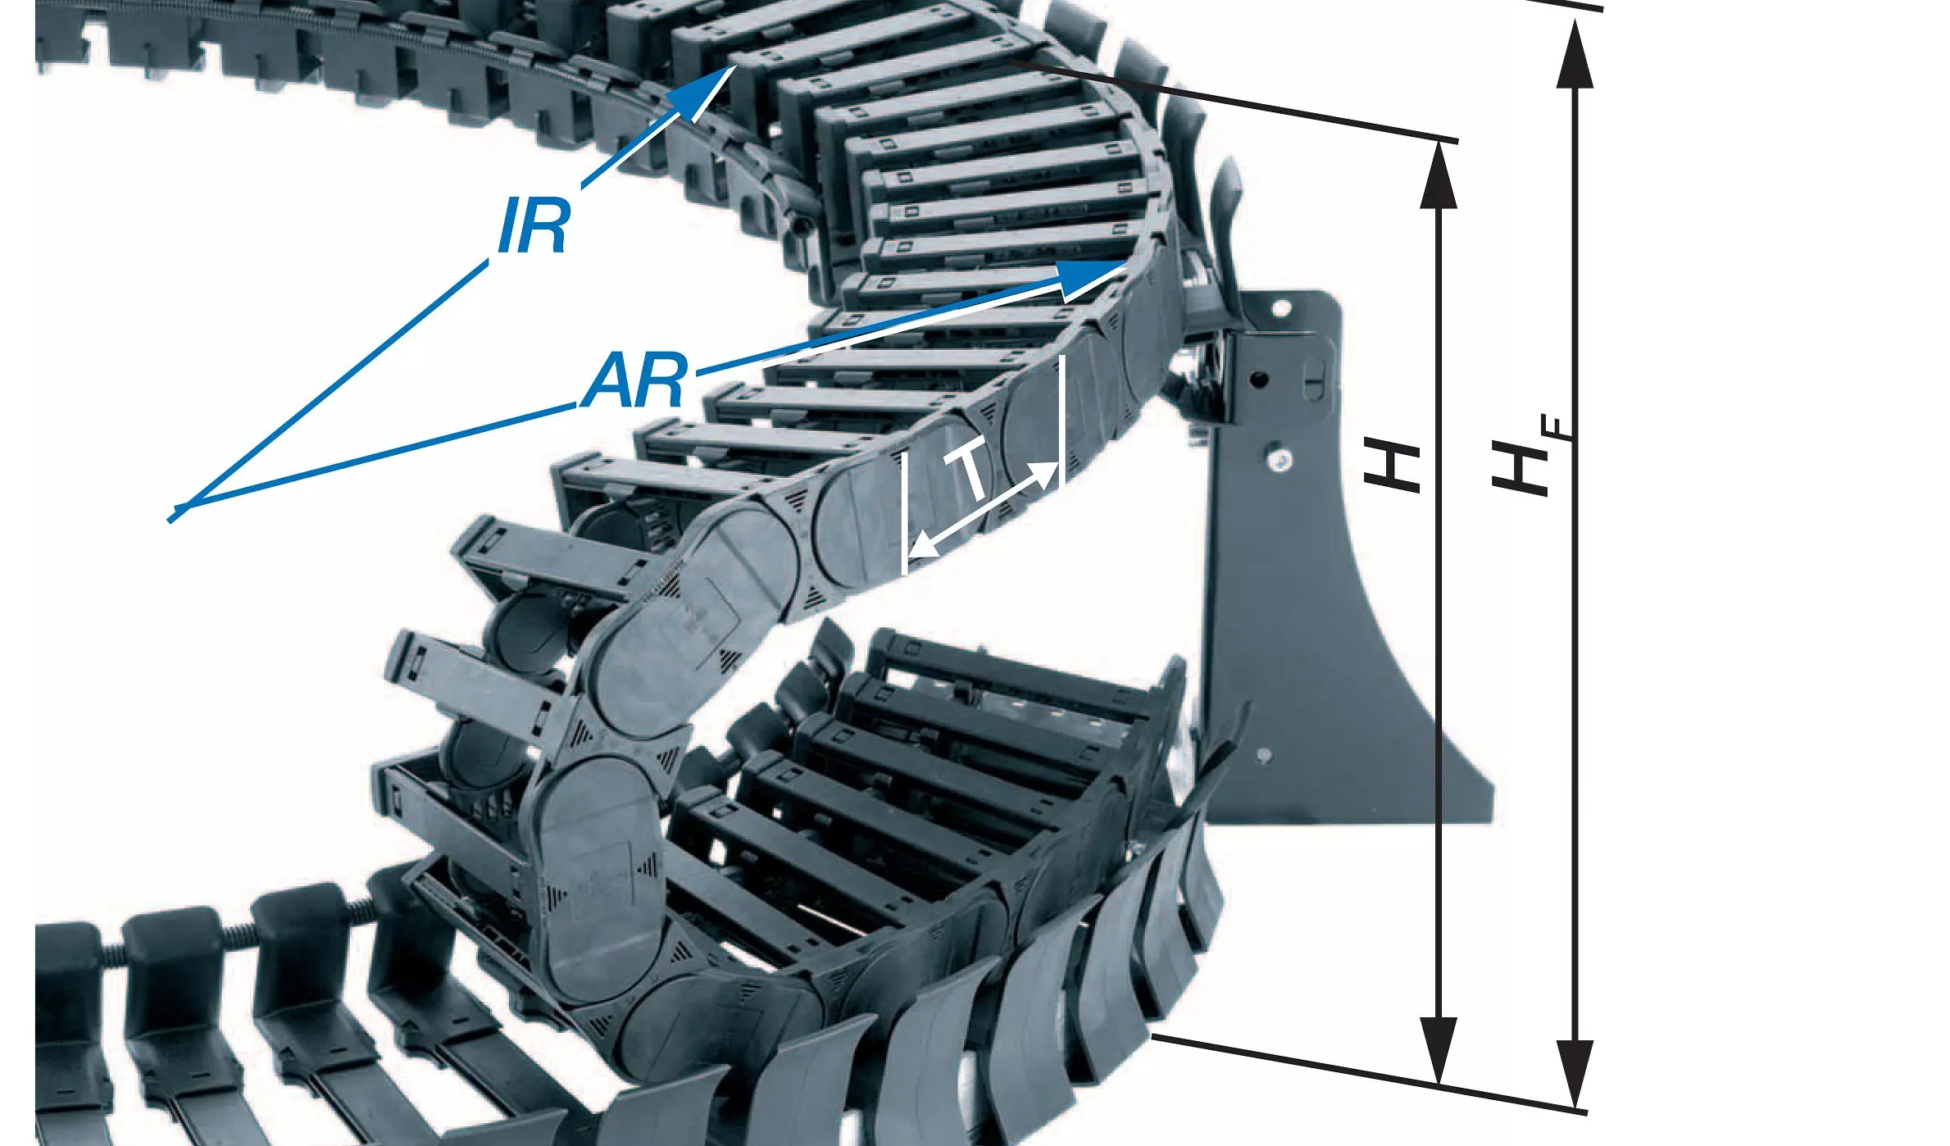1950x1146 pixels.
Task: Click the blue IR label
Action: (x=533, y=225)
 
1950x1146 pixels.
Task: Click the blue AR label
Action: (x=634, y=380)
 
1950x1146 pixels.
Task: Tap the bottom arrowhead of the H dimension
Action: (x=1439, y=1050)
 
